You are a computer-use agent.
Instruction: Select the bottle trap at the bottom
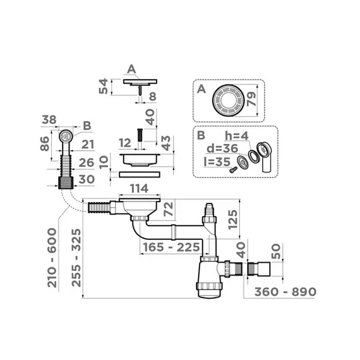tap(209, 279)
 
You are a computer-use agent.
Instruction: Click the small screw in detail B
tap(236, 167)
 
